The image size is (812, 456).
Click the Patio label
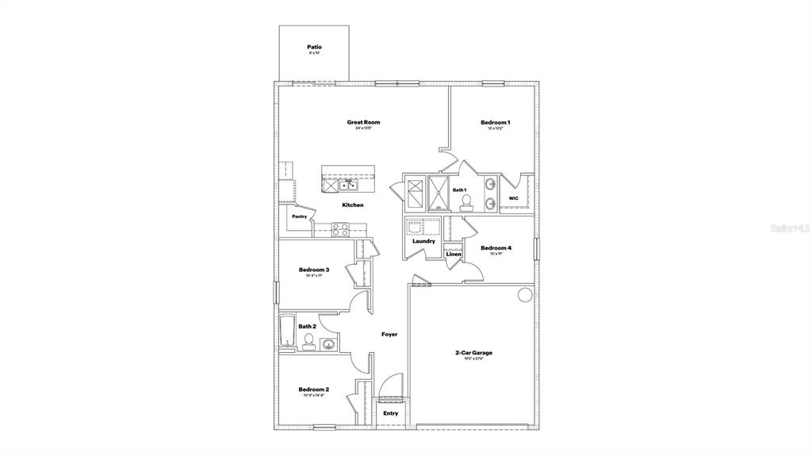coord(315,48)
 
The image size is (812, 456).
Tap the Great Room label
coord(363,122)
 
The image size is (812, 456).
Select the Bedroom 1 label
coord(495,122)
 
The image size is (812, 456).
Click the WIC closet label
coord(513,198)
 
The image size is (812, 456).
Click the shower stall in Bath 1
coord(439,193)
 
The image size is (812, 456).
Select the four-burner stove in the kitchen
coord(340,230)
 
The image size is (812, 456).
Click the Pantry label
coord(299,217)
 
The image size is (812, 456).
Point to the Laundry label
coord(423,241)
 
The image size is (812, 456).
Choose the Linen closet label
coord(454,254)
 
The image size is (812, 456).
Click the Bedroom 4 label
coord(496,248)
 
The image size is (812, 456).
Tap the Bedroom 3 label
coord(314,270)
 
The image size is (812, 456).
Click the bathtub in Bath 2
coord(286,332)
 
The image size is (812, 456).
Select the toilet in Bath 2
coord(308,341)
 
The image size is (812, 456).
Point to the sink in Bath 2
coord(327,343)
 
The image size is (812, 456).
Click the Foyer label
coord(389,335)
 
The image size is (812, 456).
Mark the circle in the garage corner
coord(525,295)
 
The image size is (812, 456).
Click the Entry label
coord(391,413)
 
